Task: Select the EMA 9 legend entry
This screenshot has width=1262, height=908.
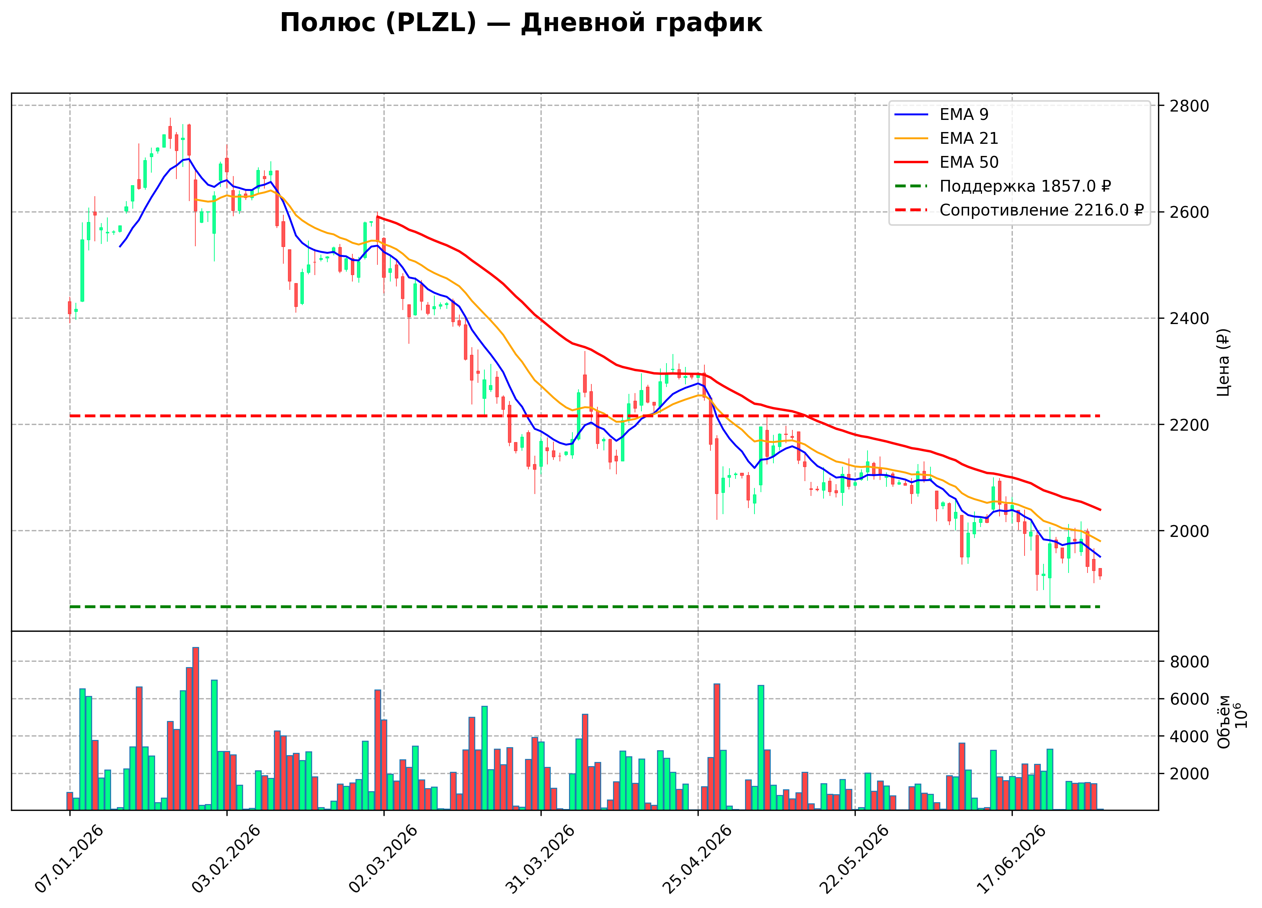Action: [941, 114]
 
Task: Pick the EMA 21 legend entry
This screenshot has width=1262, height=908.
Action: [946, 138]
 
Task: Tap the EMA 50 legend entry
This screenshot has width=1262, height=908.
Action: [946, 162]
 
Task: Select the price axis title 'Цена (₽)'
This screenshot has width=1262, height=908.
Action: [1223, 362]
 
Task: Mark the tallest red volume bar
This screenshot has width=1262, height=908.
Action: [195, 729]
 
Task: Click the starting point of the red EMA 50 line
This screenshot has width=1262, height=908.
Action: [377, 217]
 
